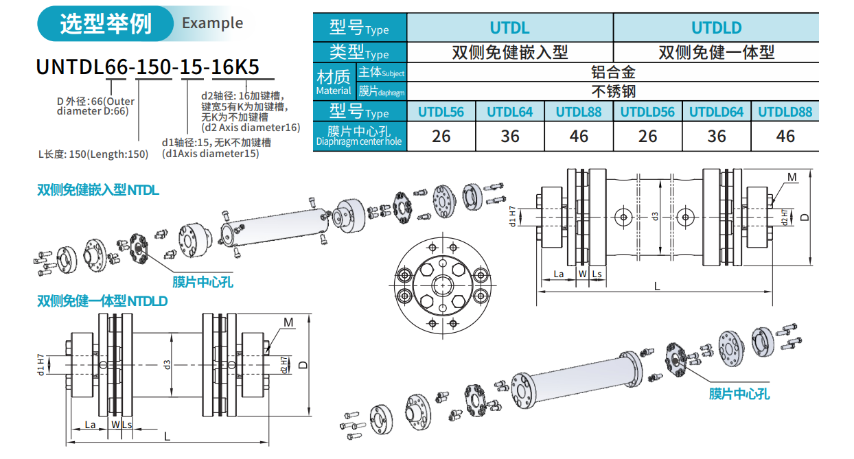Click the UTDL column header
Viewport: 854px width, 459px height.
[x=510, y=28]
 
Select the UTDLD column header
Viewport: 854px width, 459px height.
[x=717, y=28]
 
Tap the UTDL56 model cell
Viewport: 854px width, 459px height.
[x=441, y=112]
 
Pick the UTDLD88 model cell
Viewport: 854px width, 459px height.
[x=785, y=112]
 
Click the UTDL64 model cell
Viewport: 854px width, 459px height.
[x=510, y=112]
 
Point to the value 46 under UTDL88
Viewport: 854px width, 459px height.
[x=579, y=136]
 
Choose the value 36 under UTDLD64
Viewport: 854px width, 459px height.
[x=717, y=136]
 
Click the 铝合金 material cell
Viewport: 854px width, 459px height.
[x=613, y=72]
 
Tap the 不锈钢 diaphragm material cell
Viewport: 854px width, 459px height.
[x=613, y=91]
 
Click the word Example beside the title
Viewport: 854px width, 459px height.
[x=212, y=23]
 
